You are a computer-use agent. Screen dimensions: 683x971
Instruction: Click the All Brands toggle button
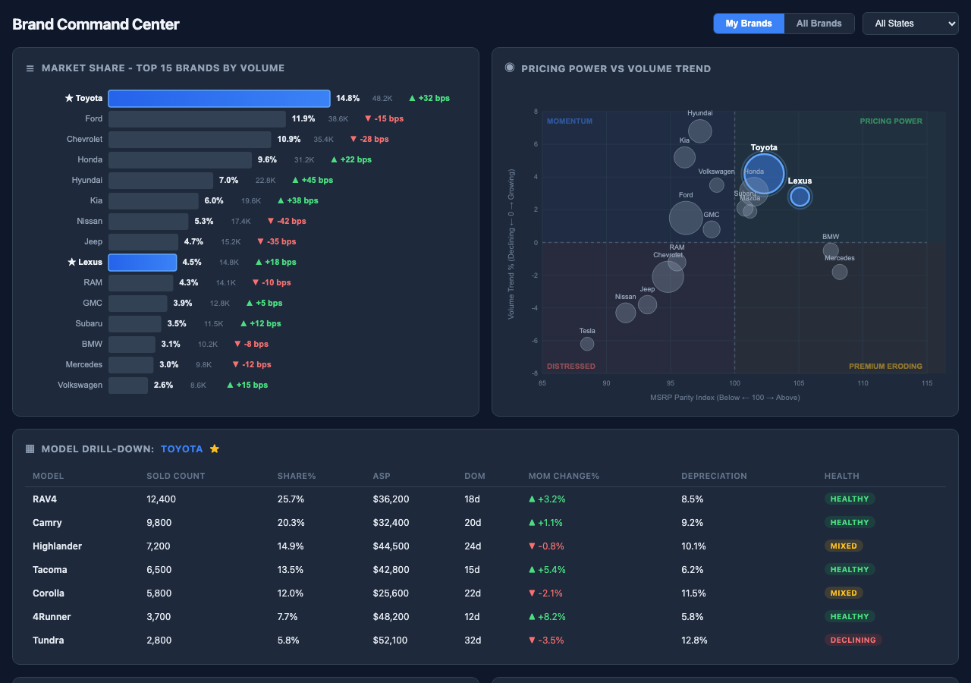pos(819,24)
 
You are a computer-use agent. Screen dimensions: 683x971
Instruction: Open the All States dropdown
pos(910,24)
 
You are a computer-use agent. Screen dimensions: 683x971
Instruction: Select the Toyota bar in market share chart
pos(218,99)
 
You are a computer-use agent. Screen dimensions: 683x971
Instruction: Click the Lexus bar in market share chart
pos(143,263)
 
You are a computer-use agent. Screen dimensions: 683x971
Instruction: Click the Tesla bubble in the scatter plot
pos(587,344)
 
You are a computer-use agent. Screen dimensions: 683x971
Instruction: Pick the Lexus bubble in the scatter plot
pos(800,197)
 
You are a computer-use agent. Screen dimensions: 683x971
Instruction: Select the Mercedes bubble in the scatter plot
pos(839,272)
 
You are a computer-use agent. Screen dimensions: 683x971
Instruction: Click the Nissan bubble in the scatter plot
pos(625,312)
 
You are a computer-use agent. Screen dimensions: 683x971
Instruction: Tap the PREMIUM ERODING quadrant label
pos(885,367)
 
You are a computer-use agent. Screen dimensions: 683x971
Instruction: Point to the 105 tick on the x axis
pos(799,384)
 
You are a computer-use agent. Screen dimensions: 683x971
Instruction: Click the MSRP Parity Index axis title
pos(724,398)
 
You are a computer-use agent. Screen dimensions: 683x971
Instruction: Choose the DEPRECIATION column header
pos(714,477)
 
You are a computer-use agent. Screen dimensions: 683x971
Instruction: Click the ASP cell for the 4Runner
pos(391,617)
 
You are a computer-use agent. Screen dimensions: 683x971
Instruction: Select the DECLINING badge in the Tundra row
pos(853,641)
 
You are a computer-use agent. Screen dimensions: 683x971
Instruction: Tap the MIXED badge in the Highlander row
pos(844,546)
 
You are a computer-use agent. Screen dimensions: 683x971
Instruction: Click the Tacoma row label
pos(50,570)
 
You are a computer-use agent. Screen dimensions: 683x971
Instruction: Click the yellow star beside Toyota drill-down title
pos(215,449)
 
